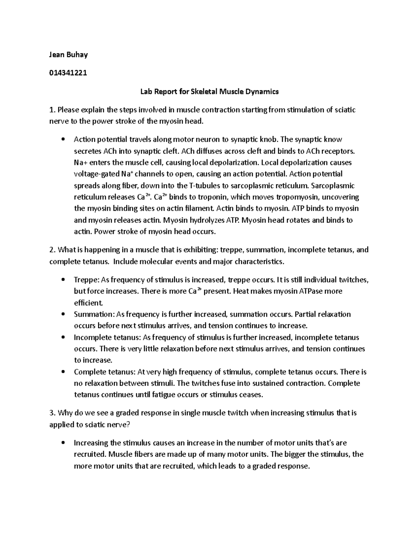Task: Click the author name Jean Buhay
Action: point(68,55)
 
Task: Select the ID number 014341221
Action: point(68,73)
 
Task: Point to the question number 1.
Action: point(52,110)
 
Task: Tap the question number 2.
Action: point(52,250)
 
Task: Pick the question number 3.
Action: point(52,413)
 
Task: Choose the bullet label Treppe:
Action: point(87,280)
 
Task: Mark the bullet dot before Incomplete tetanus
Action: point(63,338)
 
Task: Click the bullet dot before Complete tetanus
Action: point(63,372)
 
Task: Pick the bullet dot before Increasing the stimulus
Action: point(63,443)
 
